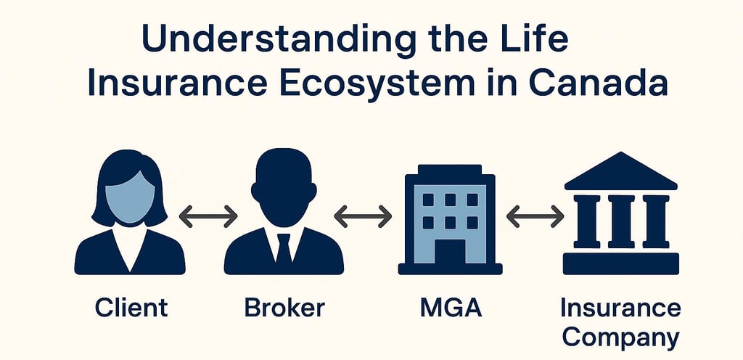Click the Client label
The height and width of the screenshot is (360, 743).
[131, 307]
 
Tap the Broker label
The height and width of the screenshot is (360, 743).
[284, 307]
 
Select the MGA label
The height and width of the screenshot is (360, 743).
[450, 307]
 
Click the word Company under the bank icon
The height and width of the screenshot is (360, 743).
[620, 337]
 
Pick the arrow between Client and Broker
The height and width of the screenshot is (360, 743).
[208, 216]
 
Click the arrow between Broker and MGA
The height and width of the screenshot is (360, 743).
[363, 216]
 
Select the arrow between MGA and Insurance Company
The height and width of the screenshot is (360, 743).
[535, 216]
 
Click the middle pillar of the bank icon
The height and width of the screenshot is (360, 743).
[620, 221]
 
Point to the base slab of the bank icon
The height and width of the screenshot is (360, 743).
[620, 263]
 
